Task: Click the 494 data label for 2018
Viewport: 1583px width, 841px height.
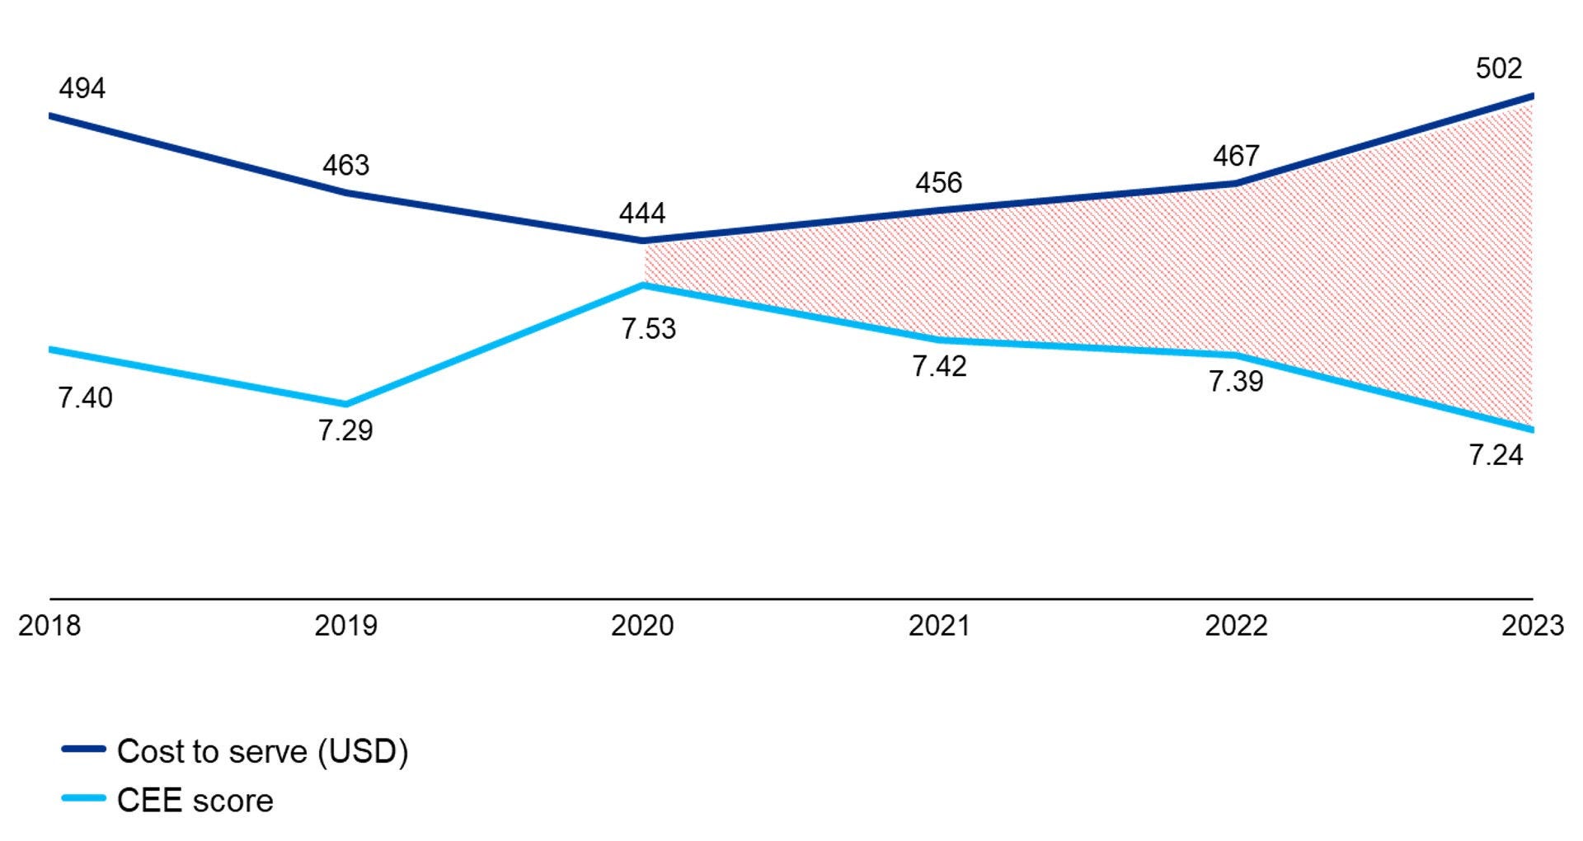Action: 82,88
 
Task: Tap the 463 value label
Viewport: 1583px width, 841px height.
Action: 345,166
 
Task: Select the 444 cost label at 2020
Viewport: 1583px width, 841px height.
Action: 642,214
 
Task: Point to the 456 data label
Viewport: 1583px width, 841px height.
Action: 938,182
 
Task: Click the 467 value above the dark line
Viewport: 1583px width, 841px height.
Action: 1236,156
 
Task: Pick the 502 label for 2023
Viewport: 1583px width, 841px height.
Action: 1498,68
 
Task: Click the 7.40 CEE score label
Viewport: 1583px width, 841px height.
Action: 85,398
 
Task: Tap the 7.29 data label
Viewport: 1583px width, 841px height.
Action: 345,430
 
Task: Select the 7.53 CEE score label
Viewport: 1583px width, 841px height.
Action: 648,329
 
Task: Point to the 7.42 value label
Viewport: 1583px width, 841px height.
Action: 939,366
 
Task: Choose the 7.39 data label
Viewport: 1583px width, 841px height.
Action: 1236,382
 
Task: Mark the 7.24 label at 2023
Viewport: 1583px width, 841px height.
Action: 1496,455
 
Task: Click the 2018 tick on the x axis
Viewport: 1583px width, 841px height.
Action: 49,626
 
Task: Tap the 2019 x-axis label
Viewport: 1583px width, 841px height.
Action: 345,626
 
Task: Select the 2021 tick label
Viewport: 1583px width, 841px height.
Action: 939,626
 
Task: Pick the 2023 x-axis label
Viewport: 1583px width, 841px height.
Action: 1532,626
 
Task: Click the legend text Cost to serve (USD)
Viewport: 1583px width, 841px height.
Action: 262,751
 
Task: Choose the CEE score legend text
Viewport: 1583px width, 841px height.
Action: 195,801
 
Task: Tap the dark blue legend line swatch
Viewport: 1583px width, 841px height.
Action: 83,749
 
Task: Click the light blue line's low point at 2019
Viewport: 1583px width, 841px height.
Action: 345,404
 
